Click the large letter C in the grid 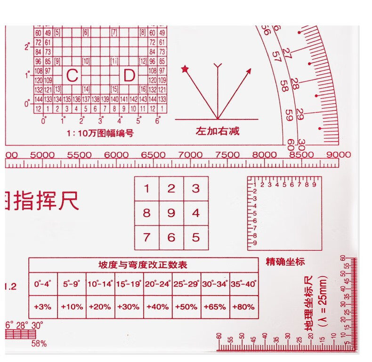coord(72,76)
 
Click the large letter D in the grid coord(129,76)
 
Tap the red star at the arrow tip coord(185,70)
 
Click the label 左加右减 coord(218,131)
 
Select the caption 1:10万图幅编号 coord(100,133)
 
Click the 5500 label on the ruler coord(79,155)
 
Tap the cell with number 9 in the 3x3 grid coord(171,213)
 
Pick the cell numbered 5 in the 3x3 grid coord(196,237)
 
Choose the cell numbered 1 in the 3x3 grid coord(147,189)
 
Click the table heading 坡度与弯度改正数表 coord(143,265)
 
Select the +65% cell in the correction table coord(215,307)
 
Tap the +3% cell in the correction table coord(43,307)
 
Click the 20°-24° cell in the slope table coord(158,284)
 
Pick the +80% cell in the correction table coord(244,307)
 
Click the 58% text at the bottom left coord(39,344)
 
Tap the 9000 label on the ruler coord(339,155)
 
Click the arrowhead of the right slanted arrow coord(249,70)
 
